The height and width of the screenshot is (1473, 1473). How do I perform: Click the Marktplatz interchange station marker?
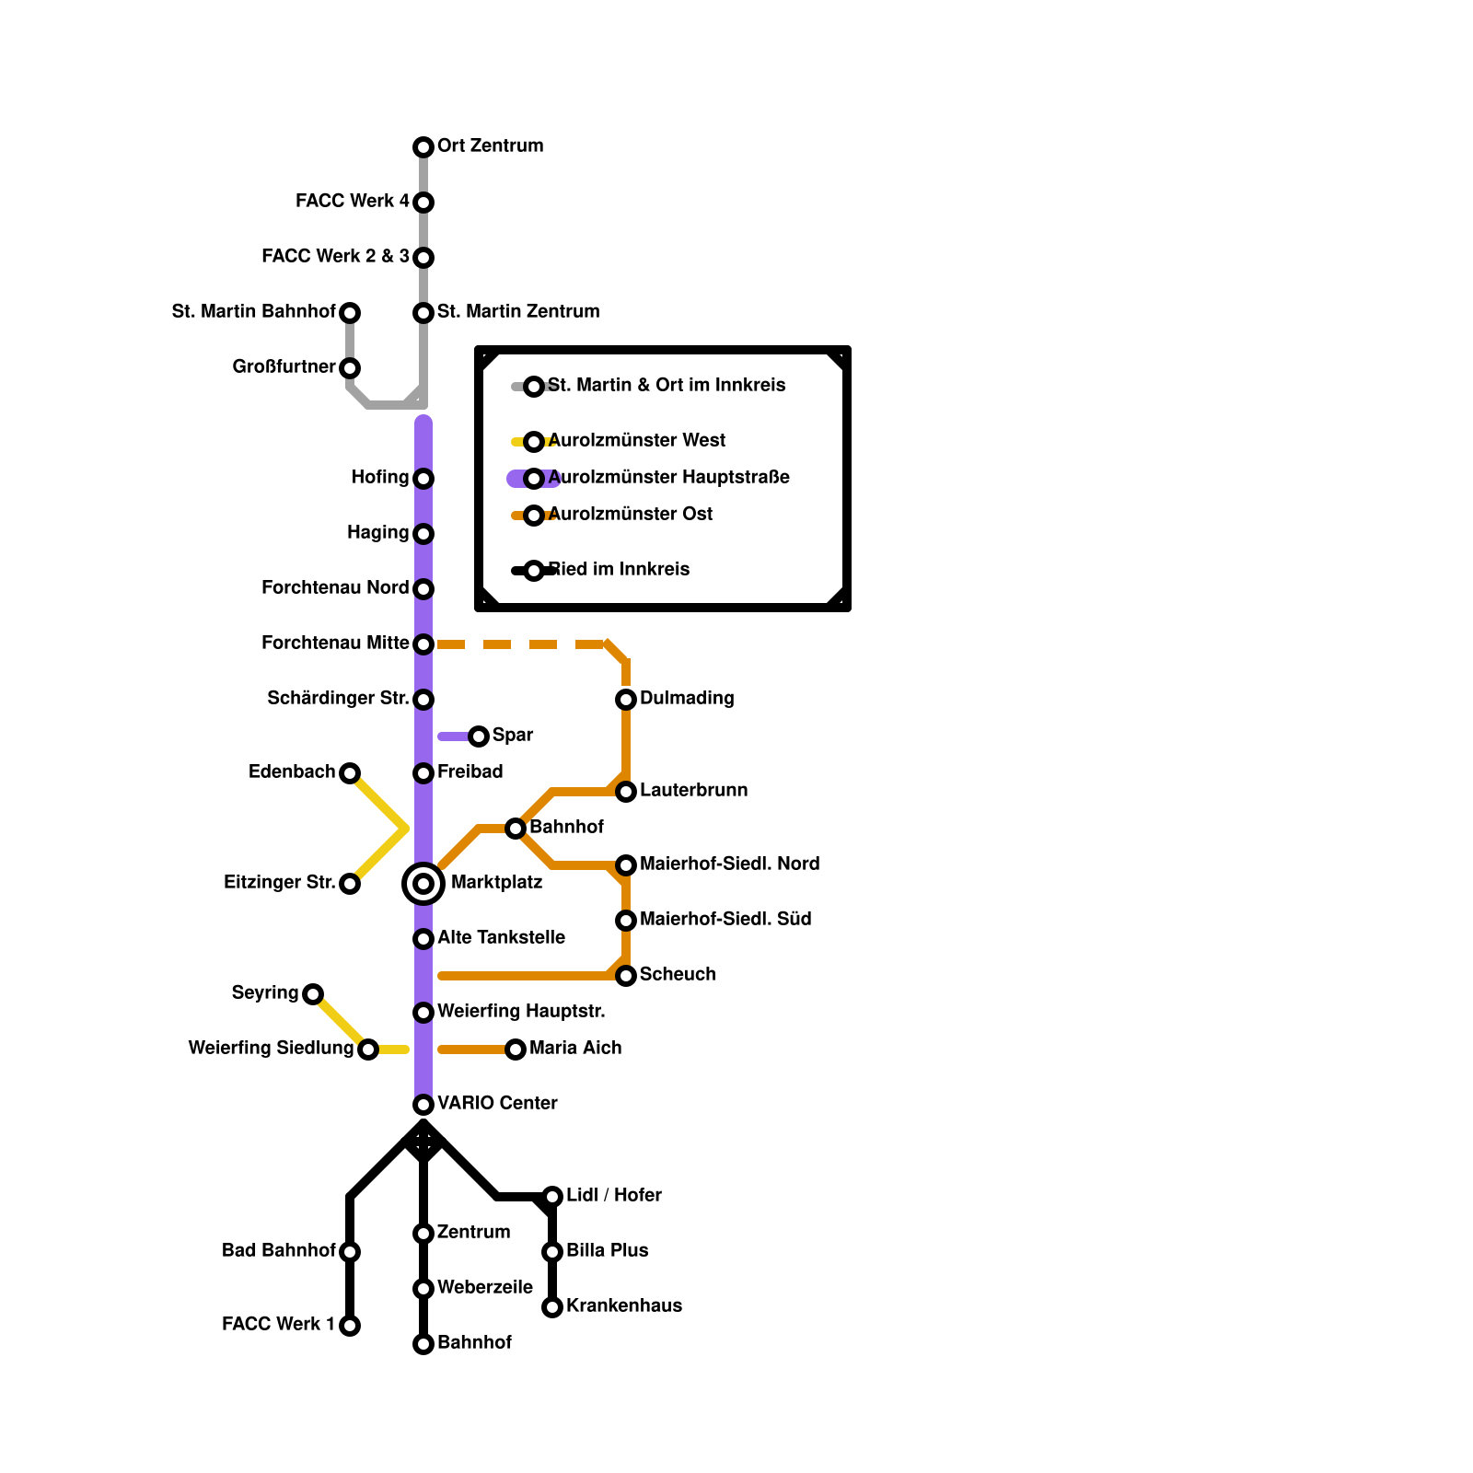coord(423,884)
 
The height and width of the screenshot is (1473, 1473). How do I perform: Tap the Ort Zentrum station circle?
coord(423,147)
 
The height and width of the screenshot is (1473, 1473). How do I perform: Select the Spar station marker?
coord(479,736)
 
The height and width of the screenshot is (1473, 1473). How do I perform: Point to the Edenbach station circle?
coord(350,773)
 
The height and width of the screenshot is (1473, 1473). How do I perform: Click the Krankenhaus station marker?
coord(552,1307)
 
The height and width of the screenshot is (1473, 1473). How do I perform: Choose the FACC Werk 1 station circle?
coord(350,1326)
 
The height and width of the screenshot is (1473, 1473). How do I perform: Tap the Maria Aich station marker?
coord(516,1050)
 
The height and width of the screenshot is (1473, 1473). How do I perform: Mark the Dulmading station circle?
coord(626,700)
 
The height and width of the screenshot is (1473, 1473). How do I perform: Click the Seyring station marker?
coord(313,994)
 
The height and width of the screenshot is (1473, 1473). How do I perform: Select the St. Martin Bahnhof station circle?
coord(350,313)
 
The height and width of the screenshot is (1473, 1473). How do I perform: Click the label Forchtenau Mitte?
coord(335,644)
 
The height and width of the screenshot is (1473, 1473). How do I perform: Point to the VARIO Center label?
coord(497,1104)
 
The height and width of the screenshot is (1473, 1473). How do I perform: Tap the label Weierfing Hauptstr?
coord(521,1012)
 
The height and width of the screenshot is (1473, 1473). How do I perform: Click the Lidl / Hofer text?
coord(613,1196)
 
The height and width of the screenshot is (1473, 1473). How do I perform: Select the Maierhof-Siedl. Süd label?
coord(725,920)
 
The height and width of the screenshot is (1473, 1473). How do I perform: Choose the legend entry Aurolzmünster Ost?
coord(630,515)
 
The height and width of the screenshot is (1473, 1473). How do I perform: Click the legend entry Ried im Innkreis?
coord(619,570)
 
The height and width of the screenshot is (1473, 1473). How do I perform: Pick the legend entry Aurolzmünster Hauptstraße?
coord(668,478)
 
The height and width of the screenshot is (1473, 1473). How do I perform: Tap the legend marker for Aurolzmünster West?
coord(534,442)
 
